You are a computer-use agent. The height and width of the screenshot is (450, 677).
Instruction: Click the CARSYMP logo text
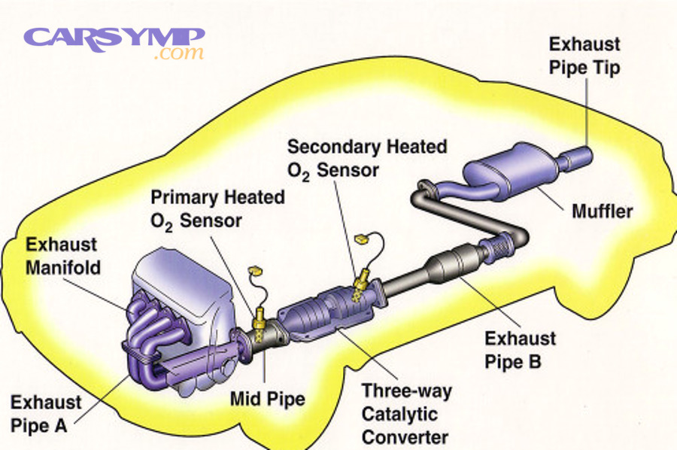pos(113,38)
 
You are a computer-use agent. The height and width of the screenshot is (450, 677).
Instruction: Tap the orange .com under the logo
pos(178,54)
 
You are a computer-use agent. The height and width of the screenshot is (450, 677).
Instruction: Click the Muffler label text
pos(602,210)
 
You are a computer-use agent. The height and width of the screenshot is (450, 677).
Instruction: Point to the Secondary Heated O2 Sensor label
pos(366,158)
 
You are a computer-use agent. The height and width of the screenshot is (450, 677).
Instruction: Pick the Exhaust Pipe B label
pos(521,350)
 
